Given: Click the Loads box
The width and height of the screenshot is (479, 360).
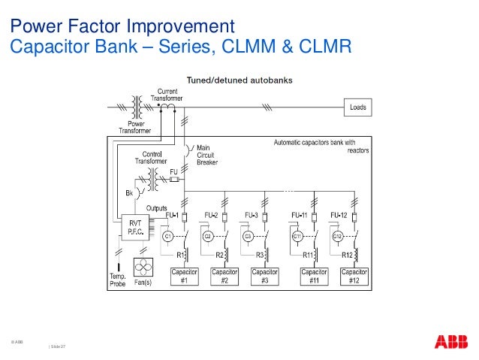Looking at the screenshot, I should pyautogui.click(x=358, y=107).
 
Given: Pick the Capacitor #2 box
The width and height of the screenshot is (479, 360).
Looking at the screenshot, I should pyautogui.click(x=224, y=276).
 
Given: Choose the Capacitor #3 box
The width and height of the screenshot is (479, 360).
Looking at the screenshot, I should pyautogui.click(x=264, y=276).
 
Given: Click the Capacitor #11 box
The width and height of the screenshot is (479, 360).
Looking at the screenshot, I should pyautogui.click(x=315, y=276).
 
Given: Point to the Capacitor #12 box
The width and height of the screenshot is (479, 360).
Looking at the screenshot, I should pyautogui.click(x=356, y=276).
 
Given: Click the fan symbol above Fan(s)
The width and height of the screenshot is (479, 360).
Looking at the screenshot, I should pyautogui.click(x=143, y=268).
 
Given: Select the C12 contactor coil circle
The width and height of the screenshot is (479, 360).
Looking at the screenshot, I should pyautogui.click(x=338, y=236).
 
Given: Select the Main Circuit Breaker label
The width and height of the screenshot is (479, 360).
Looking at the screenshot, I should pyautogui.click(x=207, y=155).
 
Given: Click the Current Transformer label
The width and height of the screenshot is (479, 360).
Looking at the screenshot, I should pyautogui.click(x=167, y=95).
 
